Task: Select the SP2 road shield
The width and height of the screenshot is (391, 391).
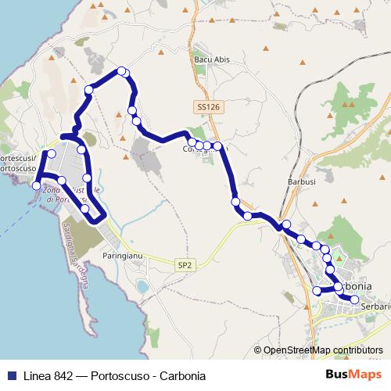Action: (x=185, y=266)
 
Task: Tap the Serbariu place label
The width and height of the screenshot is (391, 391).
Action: (x=376, y=307)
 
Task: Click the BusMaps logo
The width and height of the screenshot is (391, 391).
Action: (x=359, y=375)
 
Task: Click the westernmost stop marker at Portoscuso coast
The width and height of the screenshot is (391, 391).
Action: (x=36, y=185)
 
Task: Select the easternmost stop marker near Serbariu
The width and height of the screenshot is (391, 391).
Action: (x=354, y=300)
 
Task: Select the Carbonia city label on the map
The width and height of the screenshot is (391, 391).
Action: (x=364, y=285)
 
